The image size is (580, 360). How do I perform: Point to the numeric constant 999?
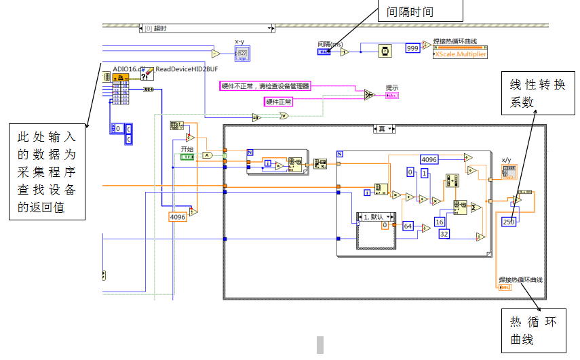pos(412,48)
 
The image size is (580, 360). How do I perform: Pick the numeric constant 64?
pos(408,226)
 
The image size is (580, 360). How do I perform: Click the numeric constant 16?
pos(440,222)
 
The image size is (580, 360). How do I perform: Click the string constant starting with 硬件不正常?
pos(265,86)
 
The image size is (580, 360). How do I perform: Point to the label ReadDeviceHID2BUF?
pos(187,68)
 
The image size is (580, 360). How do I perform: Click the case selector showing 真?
pos(386,129)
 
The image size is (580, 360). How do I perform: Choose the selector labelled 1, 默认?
pos(375,217)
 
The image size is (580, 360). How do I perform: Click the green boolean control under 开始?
pos(187,157)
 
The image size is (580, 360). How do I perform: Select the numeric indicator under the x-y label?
pos(244,53)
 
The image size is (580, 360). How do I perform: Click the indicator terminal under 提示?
pos(392,95)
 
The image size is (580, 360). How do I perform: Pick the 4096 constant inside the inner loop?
pos(429,159)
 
